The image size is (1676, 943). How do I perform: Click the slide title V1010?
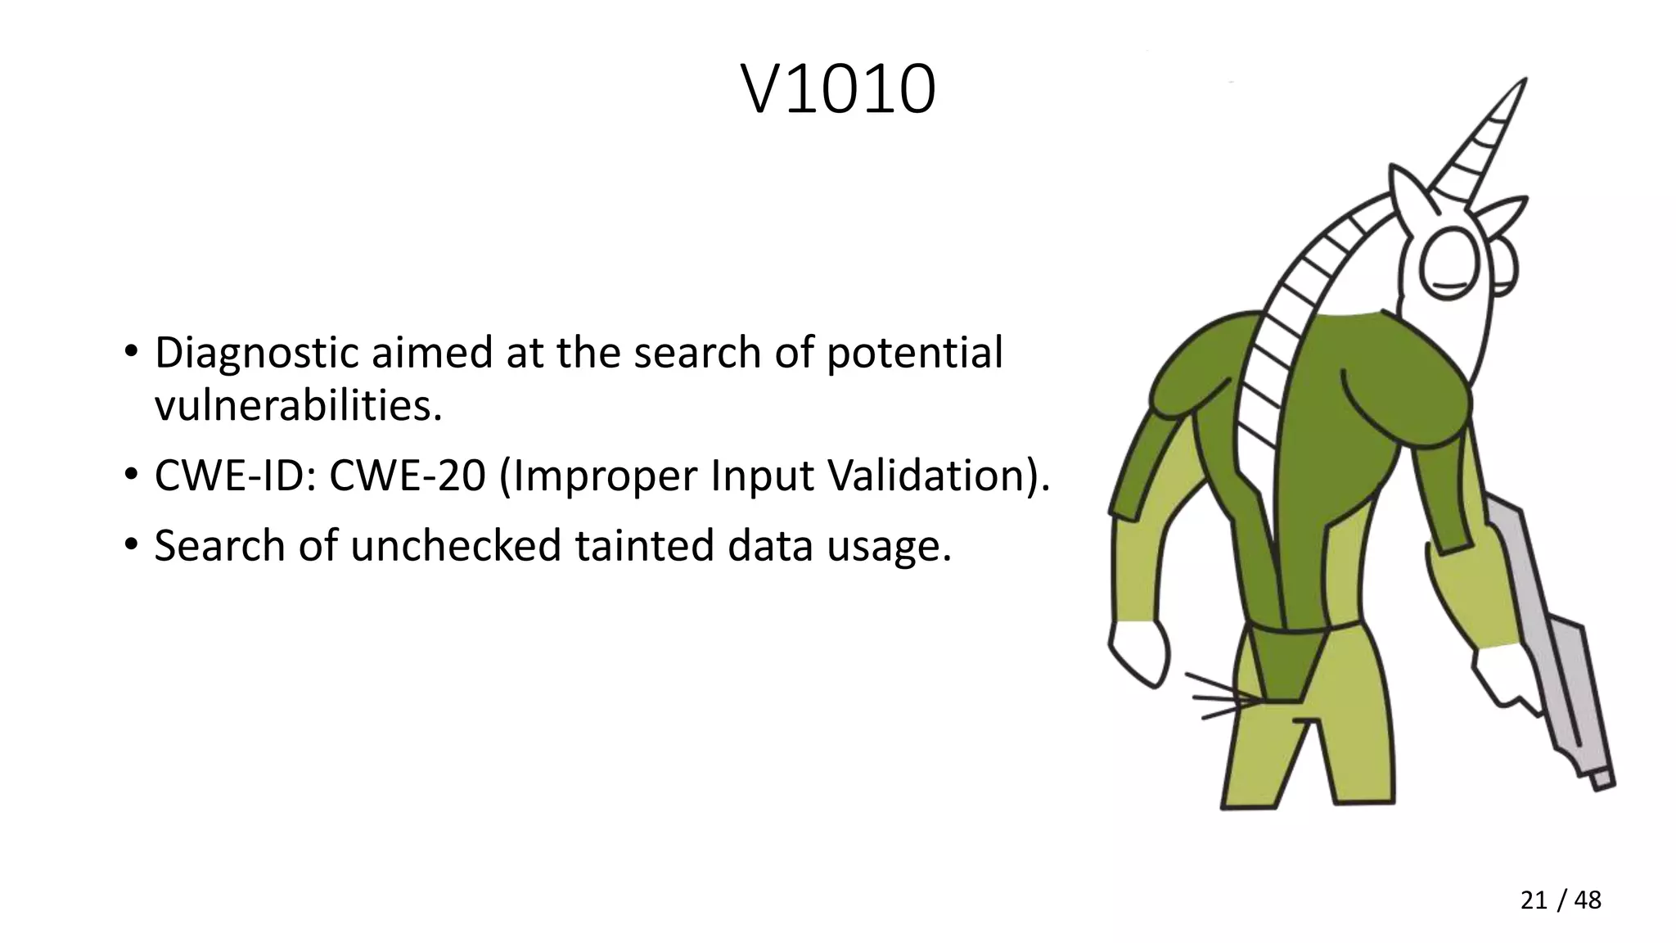tap(838, 90)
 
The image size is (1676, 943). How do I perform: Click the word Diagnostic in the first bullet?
tap(257, 354)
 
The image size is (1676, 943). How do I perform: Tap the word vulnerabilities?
tap(298, 405)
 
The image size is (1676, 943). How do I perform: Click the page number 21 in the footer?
tap(1534, 900)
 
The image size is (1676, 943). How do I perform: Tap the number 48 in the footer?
tap(1588, 900)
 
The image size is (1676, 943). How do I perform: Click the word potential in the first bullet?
tap(914, 354)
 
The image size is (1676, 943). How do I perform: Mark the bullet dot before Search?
tap(131, 544)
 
